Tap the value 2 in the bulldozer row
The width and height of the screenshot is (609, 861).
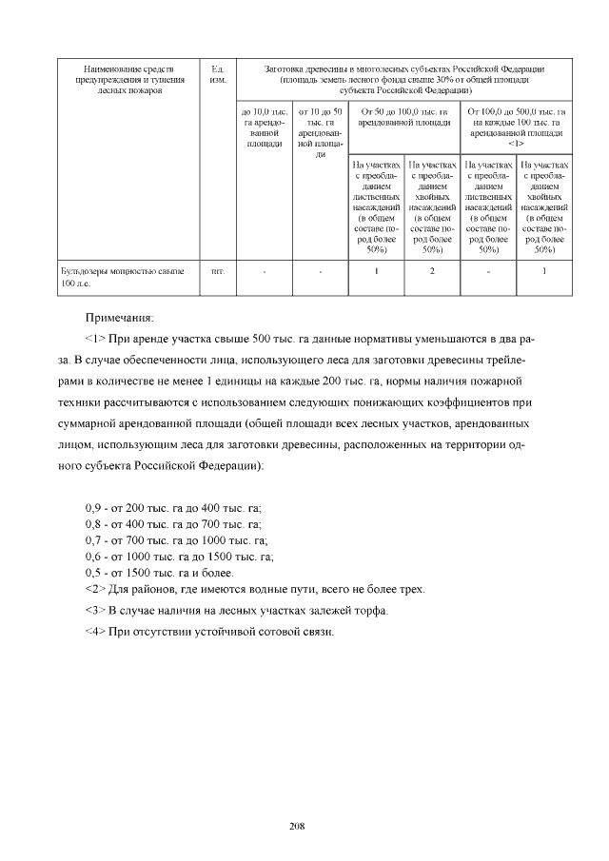click(432, 271)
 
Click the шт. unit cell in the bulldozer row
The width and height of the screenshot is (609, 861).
click(217, 271)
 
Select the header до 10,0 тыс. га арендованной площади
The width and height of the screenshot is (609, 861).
click(265, 128)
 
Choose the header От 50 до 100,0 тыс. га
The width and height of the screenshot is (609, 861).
click(404, 117)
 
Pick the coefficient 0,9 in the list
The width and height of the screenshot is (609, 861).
click(94, 507)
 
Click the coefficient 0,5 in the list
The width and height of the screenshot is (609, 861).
click(94, 573)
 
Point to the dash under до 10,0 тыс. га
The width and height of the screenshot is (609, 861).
click(265, 272)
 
